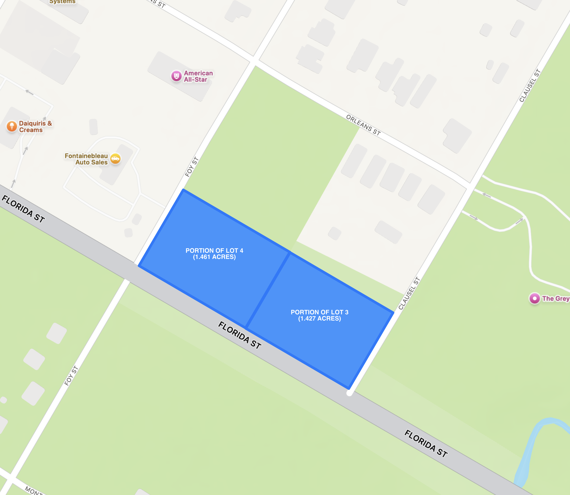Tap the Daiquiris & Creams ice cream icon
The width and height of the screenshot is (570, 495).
pyautogui.click(x=12, y=127)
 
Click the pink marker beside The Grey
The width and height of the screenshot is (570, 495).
pyautogui.click(x=534, y=298)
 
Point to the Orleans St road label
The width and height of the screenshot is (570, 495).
pyautogui.click(x=363, y=125)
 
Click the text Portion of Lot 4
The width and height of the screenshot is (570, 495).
pyautogui.click(x=214, y=251)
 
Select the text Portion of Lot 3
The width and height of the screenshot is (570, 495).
pyautogui.click(x=319, y=312)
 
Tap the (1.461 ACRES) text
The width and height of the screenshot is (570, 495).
pyautogui.click(x=214, y=257)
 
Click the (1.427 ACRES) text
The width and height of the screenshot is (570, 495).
pyautogui.click(x=319, y=319)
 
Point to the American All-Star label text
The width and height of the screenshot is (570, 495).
pyautogui.click(x=198, y=76)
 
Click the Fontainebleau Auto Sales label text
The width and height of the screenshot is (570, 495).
pyautogui.click(x=86, y=159)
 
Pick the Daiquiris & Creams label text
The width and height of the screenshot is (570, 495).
pyautogui.click(x=35, y=127)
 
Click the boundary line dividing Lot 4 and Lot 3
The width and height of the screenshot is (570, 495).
pyautogui.click(x=268, y=290)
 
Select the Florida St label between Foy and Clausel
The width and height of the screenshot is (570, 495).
pyautogui.click(x=240, y=335)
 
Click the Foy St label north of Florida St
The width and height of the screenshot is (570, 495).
pyautogui.click(x=192, y=167)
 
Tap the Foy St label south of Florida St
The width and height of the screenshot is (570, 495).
pyautogui.click(x=71, y=376)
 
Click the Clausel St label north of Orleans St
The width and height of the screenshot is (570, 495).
pyautogui.click(x=530, y=86)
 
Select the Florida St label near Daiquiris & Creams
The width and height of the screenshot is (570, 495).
pyautogui.click(x=23, y=209)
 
